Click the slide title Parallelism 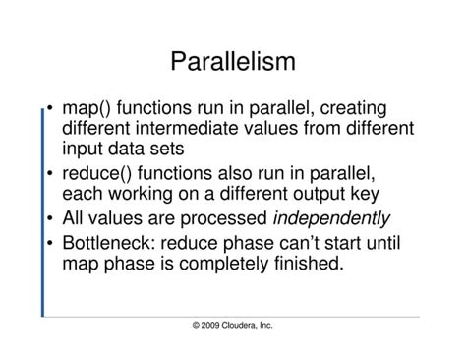233,63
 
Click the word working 143,194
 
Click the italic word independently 330,218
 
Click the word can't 319,242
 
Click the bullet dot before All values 50,218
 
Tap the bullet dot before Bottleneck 50,242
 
